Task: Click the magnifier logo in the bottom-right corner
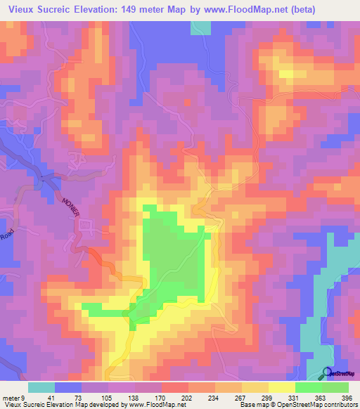click(x=328, y=374)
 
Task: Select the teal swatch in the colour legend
click(x=41, y=387)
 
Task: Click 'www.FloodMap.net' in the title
click(x=224, y=10)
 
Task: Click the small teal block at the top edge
click(x=201, y=27)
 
